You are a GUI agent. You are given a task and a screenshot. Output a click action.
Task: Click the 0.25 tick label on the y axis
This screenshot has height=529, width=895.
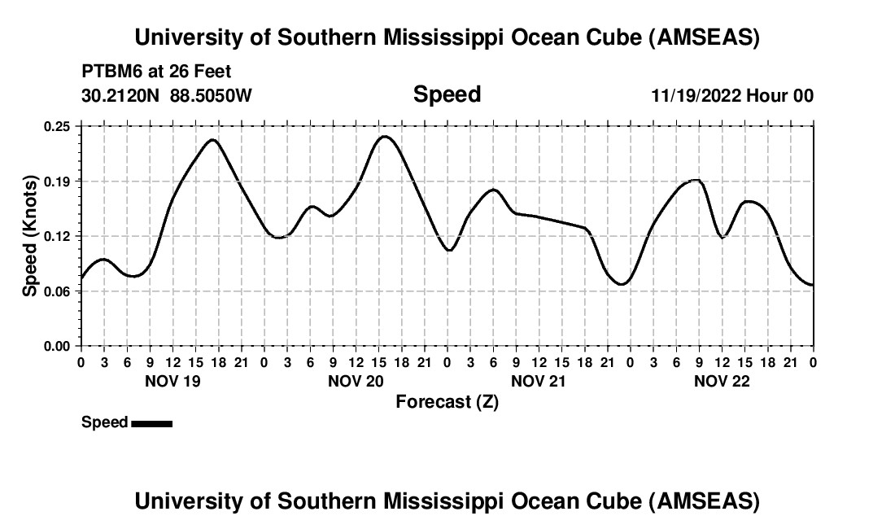57,126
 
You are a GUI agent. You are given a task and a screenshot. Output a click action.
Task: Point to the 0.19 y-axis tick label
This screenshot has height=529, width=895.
57,181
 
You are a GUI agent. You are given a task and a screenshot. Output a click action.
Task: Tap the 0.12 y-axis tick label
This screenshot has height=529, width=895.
57,236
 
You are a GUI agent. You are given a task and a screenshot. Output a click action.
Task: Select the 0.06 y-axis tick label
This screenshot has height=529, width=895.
57,291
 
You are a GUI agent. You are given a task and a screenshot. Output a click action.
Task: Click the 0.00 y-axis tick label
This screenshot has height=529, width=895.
57,346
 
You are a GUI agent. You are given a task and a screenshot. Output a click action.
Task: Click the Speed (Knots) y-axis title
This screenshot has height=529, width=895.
30,236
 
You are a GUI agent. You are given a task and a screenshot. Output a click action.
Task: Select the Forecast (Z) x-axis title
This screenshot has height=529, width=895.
447,401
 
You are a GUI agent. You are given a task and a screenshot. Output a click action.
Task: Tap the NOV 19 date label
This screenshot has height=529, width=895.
172,381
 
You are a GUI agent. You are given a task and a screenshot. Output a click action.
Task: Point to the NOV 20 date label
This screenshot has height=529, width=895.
356,381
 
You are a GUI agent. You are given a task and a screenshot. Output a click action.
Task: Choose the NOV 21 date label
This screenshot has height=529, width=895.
539,381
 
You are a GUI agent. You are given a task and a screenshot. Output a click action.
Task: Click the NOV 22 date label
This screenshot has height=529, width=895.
722,381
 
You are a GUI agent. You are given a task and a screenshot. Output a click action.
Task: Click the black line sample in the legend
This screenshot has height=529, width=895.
151,423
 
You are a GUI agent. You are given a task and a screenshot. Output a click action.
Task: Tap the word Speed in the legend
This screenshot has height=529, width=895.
104,422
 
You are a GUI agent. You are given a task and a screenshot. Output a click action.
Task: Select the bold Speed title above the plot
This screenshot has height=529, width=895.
447,94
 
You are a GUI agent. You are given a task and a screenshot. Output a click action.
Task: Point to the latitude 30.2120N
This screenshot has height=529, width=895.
121,95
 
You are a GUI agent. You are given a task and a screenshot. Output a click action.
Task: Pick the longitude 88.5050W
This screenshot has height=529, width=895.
211,95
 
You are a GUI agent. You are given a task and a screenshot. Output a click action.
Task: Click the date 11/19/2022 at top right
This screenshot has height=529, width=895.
696,95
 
